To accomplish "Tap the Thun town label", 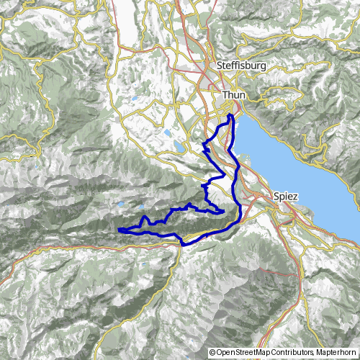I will tap(234, 94).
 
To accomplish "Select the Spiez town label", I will tap(286, 195).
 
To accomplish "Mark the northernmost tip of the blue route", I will tap(230, 114).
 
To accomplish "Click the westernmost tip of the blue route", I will tap(117, 230).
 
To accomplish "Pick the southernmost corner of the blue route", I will tap(184, 245).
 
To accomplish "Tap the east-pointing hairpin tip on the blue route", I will tap(224, 210).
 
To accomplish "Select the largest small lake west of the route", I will tap(178, 146).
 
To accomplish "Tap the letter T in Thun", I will tap(225, 94).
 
